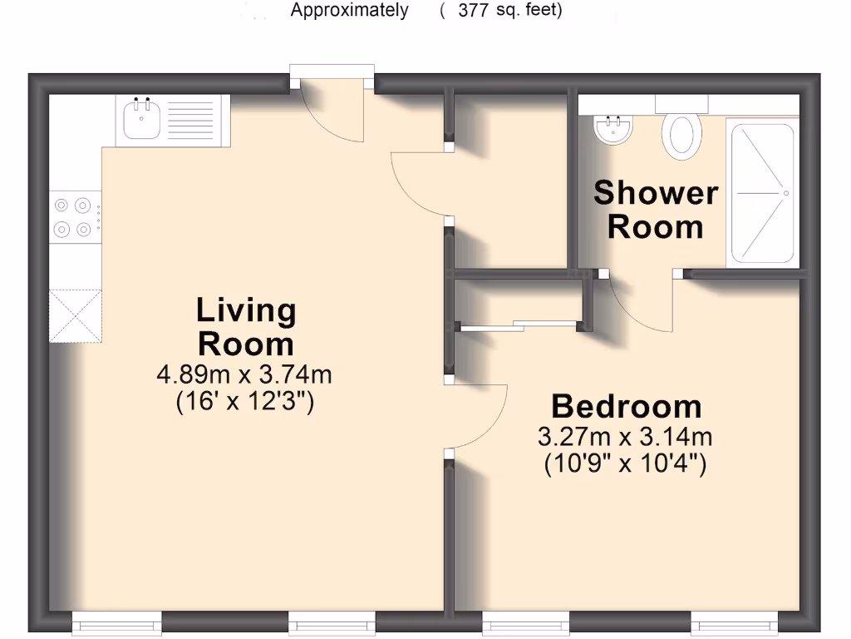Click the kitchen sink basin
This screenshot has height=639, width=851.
[141, 121]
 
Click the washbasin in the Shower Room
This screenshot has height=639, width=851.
[614, 130]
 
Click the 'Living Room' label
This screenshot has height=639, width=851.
[246, 326]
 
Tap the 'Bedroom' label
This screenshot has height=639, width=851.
[626, 407]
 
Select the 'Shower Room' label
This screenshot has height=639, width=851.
[656, 210]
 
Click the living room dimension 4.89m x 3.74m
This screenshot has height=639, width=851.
[244, 374]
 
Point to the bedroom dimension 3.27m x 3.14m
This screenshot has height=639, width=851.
[626, 436]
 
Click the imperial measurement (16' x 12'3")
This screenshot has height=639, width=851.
[244, 403]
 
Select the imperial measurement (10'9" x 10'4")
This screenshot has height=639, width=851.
[626, 464]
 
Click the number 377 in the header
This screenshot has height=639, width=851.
[473, 11]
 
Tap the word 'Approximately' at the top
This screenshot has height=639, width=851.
[349, 11]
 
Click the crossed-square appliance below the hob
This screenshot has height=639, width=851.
[76, 315]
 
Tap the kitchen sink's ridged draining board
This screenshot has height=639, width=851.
[194, 121]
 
